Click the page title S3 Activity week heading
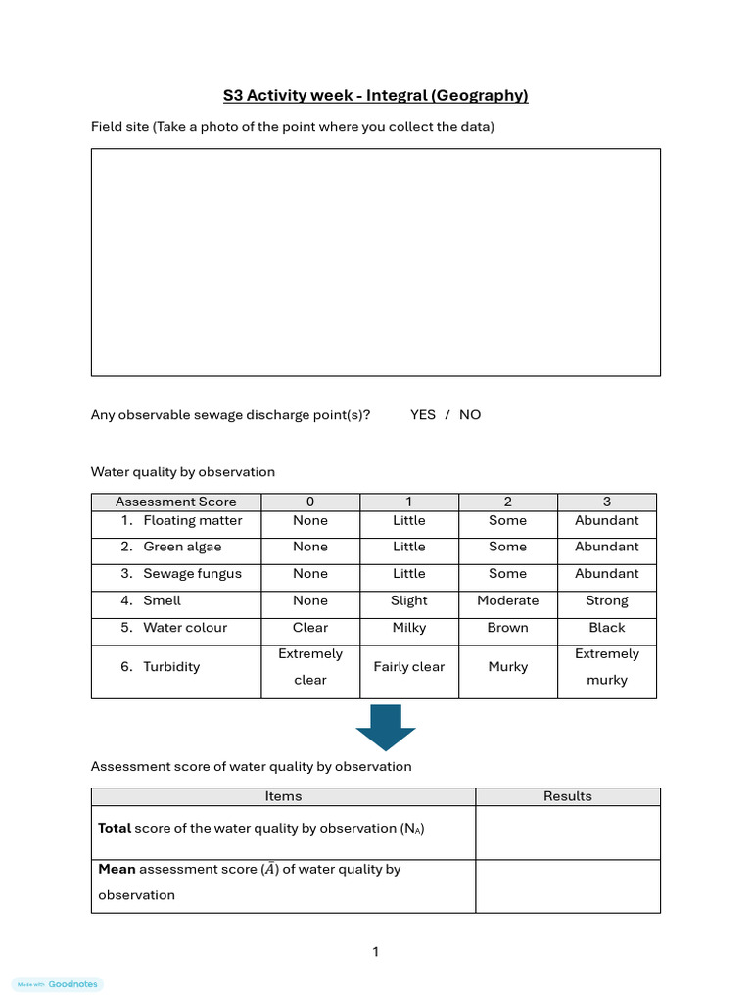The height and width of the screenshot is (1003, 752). (375, 95)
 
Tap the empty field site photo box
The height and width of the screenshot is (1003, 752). (375, 262)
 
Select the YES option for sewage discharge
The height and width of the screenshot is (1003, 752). (423, 414)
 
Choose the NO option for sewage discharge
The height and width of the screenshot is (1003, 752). (470, 414)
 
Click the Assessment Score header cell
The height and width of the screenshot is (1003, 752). (176, 501)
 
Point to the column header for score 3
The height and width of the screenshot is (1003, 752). (606, 501)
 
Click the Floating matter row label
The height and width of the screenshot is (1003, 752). (192, 520)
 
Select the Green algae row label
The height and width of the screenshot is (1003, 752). (182, 547)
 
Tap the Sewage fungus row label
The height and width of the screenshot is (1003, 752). (192, 573)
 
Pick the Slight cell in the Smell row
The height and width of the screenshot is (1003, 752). (408, 600)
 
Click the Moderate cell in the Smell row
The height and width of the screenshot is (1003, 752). (507, 600)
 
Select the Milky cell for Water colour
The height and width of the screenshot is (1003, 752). (408, 627)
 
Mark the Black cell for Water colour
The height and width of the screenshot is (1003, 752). (606, 627)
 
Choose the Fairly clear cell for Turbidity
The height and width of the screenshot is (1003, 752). (408, 667)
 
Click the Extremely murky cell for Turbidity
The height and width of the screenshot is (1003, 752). (606, 667)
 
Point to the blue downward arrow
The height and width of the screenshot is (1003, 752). (386, 726)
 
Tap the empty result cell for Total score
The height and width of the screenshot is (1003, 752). (567, 833)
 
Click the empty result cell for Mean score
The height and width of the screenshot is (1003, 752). (567, 885)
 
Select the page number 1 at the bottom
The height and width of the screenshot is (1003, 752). (375, 951)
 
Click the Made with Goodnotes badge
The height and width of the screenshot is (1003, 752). (58, 984)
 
